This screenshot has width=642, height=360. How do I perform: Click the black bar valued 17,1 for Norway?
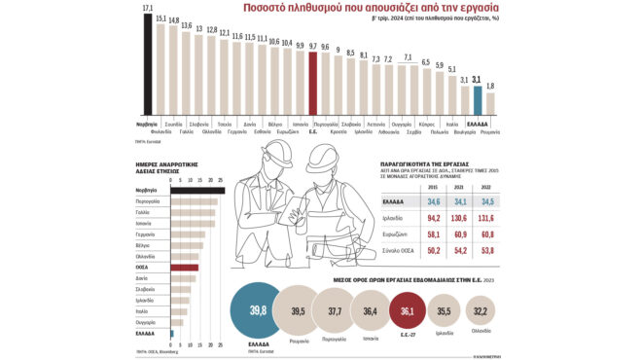(147, 64)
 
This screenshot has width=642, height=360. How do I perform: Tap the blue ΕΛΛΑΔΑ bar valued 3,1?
(477, 102)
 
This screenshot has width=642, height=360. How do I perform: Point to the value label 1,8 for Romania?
(490, 87)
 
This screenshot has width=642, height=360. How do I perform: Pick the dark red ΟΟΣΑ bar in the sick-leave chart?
(185, 268)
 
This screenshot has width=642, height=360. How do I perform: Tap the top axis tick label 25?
(221, 180)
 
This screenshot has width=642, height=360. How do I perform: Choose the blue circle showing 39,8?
(258, 312)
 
